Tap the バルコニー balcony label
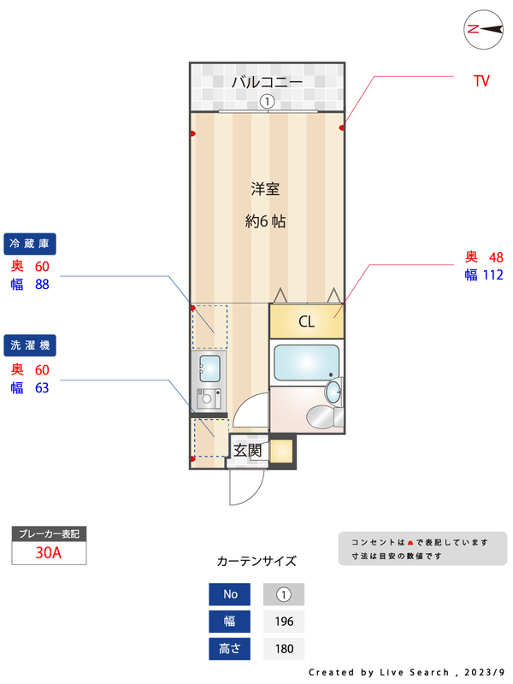point(267,81)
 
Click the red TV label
point(481,81)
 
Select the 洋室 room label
point(265,189)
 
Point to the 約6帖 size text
point(265,221)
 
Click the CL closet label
point(306,322)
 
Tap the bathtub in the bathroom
point(306,362)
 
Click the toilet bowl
point(322,416)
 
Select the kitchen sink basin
point(209,369)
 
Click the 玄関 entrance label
point(247,451)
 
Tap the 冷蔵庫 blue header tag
point(30,244)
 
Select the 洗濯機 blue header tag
point(30,345)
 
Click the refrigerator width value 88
point(42,285)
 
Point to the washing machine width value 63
point(42,388)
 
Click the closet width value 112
point(493,274)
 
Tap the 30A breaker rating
point(49,552)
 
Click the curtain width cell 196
point(284,622)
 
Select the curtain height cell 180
point(284,649)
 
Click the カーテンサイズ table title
point(256,561)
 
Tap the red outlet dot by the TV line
point(341,127)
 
